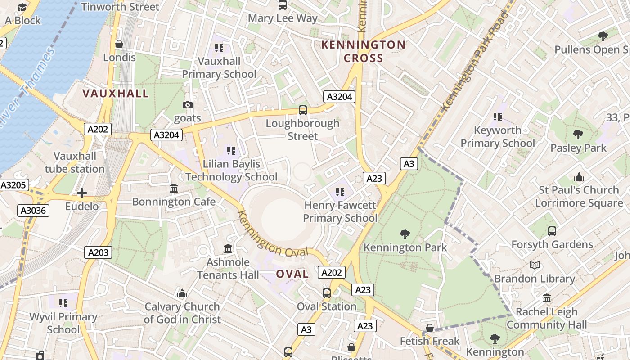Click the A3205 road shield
(14, 185)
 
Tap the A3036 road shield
(33, 210)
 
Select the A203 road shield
(98, 252)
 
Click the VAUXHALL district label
(116, 94)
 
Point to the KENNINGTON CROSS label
(364, 51)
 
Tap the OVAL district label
(292, 274)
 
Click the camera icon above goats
(188, 105)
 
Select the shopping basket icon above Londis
(119, 44)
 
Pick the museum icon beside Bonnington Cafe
(174, 189)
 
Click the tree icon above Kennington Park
(405, 234)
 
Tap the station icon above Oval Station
(327, 293)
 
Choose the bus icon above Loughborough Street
(303, 110)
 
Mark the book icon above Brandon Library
(535, 265)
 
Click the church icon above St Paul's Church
(579, 177)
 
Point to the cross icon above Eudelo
(82, 193)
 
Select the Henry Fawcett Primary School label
(340, 211)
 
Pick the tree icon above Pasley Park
(578, 135)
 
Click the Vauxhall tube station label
(75, 162)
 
